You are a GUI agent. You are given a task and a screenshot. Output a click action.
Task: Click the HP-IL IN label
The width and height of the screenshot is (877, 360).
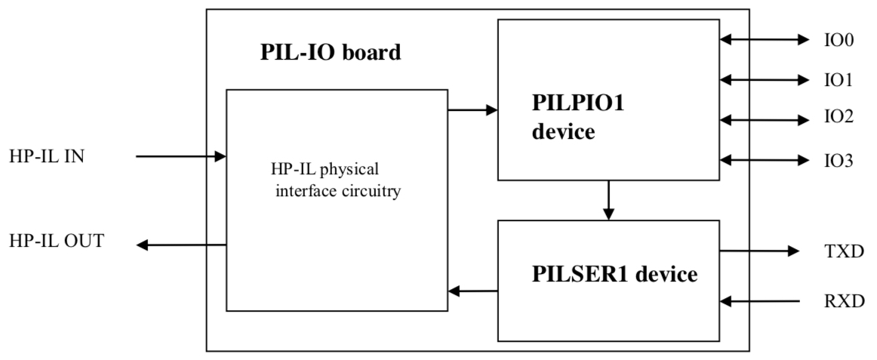49,157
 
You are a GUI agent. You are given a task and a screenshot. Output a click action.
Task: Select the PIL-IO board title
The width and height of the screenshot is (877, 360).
330,54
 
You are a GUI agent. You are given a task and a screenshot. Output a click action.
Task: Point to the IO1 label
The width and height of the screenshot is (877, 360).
839,79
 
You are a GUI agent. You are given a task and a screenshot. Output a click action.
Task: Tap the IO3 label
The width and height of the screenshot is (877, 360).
839,159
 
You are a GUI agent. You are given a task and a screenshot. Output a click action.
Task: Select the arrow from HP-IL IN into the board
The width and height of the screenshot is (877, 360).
181,157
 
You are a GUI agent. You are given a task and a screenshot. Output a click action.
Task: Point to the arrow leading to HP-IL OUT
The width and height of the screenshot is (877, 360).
182,245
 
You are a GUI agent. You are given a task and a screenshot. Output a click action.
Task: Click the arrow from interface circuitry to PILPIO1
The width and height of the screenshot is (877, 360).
472,110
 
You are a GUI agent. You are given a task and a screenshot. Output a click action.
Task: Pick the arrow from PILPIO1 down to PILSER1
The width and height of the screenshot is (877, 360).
608,201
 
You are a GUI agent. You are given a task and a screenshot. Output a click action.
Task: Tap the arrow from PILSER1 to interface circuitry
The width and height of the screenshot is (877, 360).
472,291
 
